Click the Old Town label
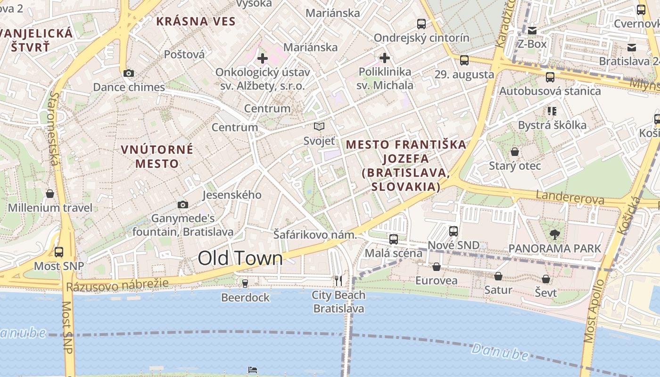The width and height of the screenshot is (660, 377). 240,258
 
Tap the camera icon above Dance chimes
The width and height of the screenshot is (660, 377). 128,73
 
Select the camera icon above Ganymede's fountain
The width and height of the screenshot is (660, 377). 183,205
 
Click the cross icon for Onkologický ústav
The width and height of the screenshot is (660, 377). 263,58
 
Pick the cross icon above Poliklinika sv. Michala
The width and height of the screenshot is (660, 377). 385,58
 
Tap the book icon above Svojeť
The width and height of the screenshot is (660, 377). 319,126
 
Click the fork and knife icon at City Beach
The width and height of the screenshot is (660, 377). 338,281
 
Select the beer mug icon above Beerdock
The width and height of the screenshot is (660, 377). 245,283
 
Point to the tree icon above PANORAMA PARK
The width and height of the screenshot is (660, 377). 555,234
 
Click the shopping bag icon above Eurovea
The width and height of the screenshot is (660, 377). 437,267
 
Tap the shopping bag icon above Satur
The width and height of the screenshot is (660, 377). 498,276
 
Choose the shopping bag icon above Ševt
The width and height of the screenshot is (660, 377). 546,279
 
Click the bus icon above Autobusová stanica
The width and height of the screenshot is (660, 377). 550,77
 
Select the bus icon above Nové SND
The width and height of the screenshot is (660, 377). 454,231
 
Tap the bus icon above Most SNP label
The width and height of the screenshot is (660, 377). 59,252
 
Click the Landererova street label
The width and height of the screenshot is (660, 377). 570,197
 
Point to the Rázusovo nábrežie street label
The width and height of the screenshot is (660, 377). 117,285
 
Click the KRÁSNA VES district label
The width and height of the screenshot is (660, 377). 196,21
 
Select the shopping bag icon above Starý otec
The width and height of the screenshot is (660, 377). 515,152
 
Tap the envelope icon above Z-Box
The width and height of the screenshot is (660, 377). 532,31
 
